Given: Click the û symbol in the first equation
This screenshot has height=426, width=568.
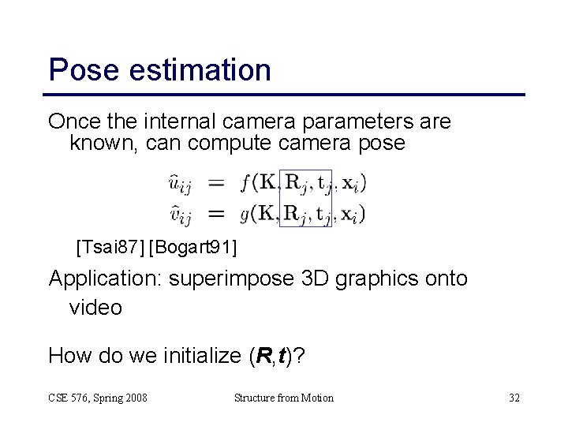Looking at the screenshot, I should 176,185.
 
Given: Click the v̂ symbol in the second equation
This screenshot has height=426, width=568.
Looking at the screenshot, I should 176,212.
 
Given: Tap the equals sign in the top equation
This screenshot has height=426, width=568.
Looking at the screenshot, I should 215,184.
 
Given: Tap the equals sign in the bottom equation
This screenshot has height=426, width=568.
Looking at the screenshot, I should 215,211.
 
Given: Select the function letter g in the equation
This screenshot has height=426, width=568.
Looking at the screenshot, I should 245,212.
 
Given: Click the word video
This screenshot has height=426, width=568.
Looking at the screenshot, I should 95,307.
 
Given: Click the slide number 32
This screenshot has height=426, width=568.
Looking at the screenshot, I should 514,398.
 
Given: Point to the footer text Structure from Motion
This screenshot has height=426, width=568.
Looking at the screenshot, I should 284,398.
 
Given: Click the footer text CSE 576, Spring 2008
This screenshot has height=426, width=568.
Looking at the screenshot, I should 98,398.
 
